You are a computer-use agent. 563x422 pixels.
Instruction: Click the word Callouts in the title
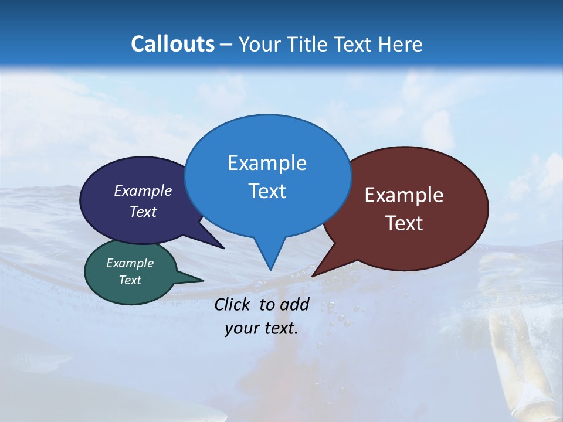[x=172, y=44]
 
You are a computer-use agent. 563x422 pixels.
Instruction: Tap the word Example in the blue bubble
[x=267, y=163]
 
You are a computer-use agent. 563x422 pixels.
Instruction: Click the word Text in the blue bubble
[x=267, y=191]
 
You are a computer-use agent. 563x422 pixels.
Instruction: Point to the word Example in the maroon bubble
[x=404, y=195]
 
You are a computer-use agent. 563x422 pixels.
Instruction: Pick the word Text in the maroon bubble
[x=404, y=223]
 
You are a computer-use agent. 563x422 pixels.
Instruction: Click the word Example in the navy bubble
[x=143, y=190]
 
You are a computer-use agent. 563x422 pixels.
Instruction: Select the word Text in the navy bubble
[x=143, y=212]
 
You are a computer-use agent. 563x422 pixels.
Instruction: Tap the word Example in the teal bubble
[x=130, y=263]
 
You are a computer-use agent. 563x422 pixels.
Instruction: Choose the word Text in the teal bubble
[x=130, y=280]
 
